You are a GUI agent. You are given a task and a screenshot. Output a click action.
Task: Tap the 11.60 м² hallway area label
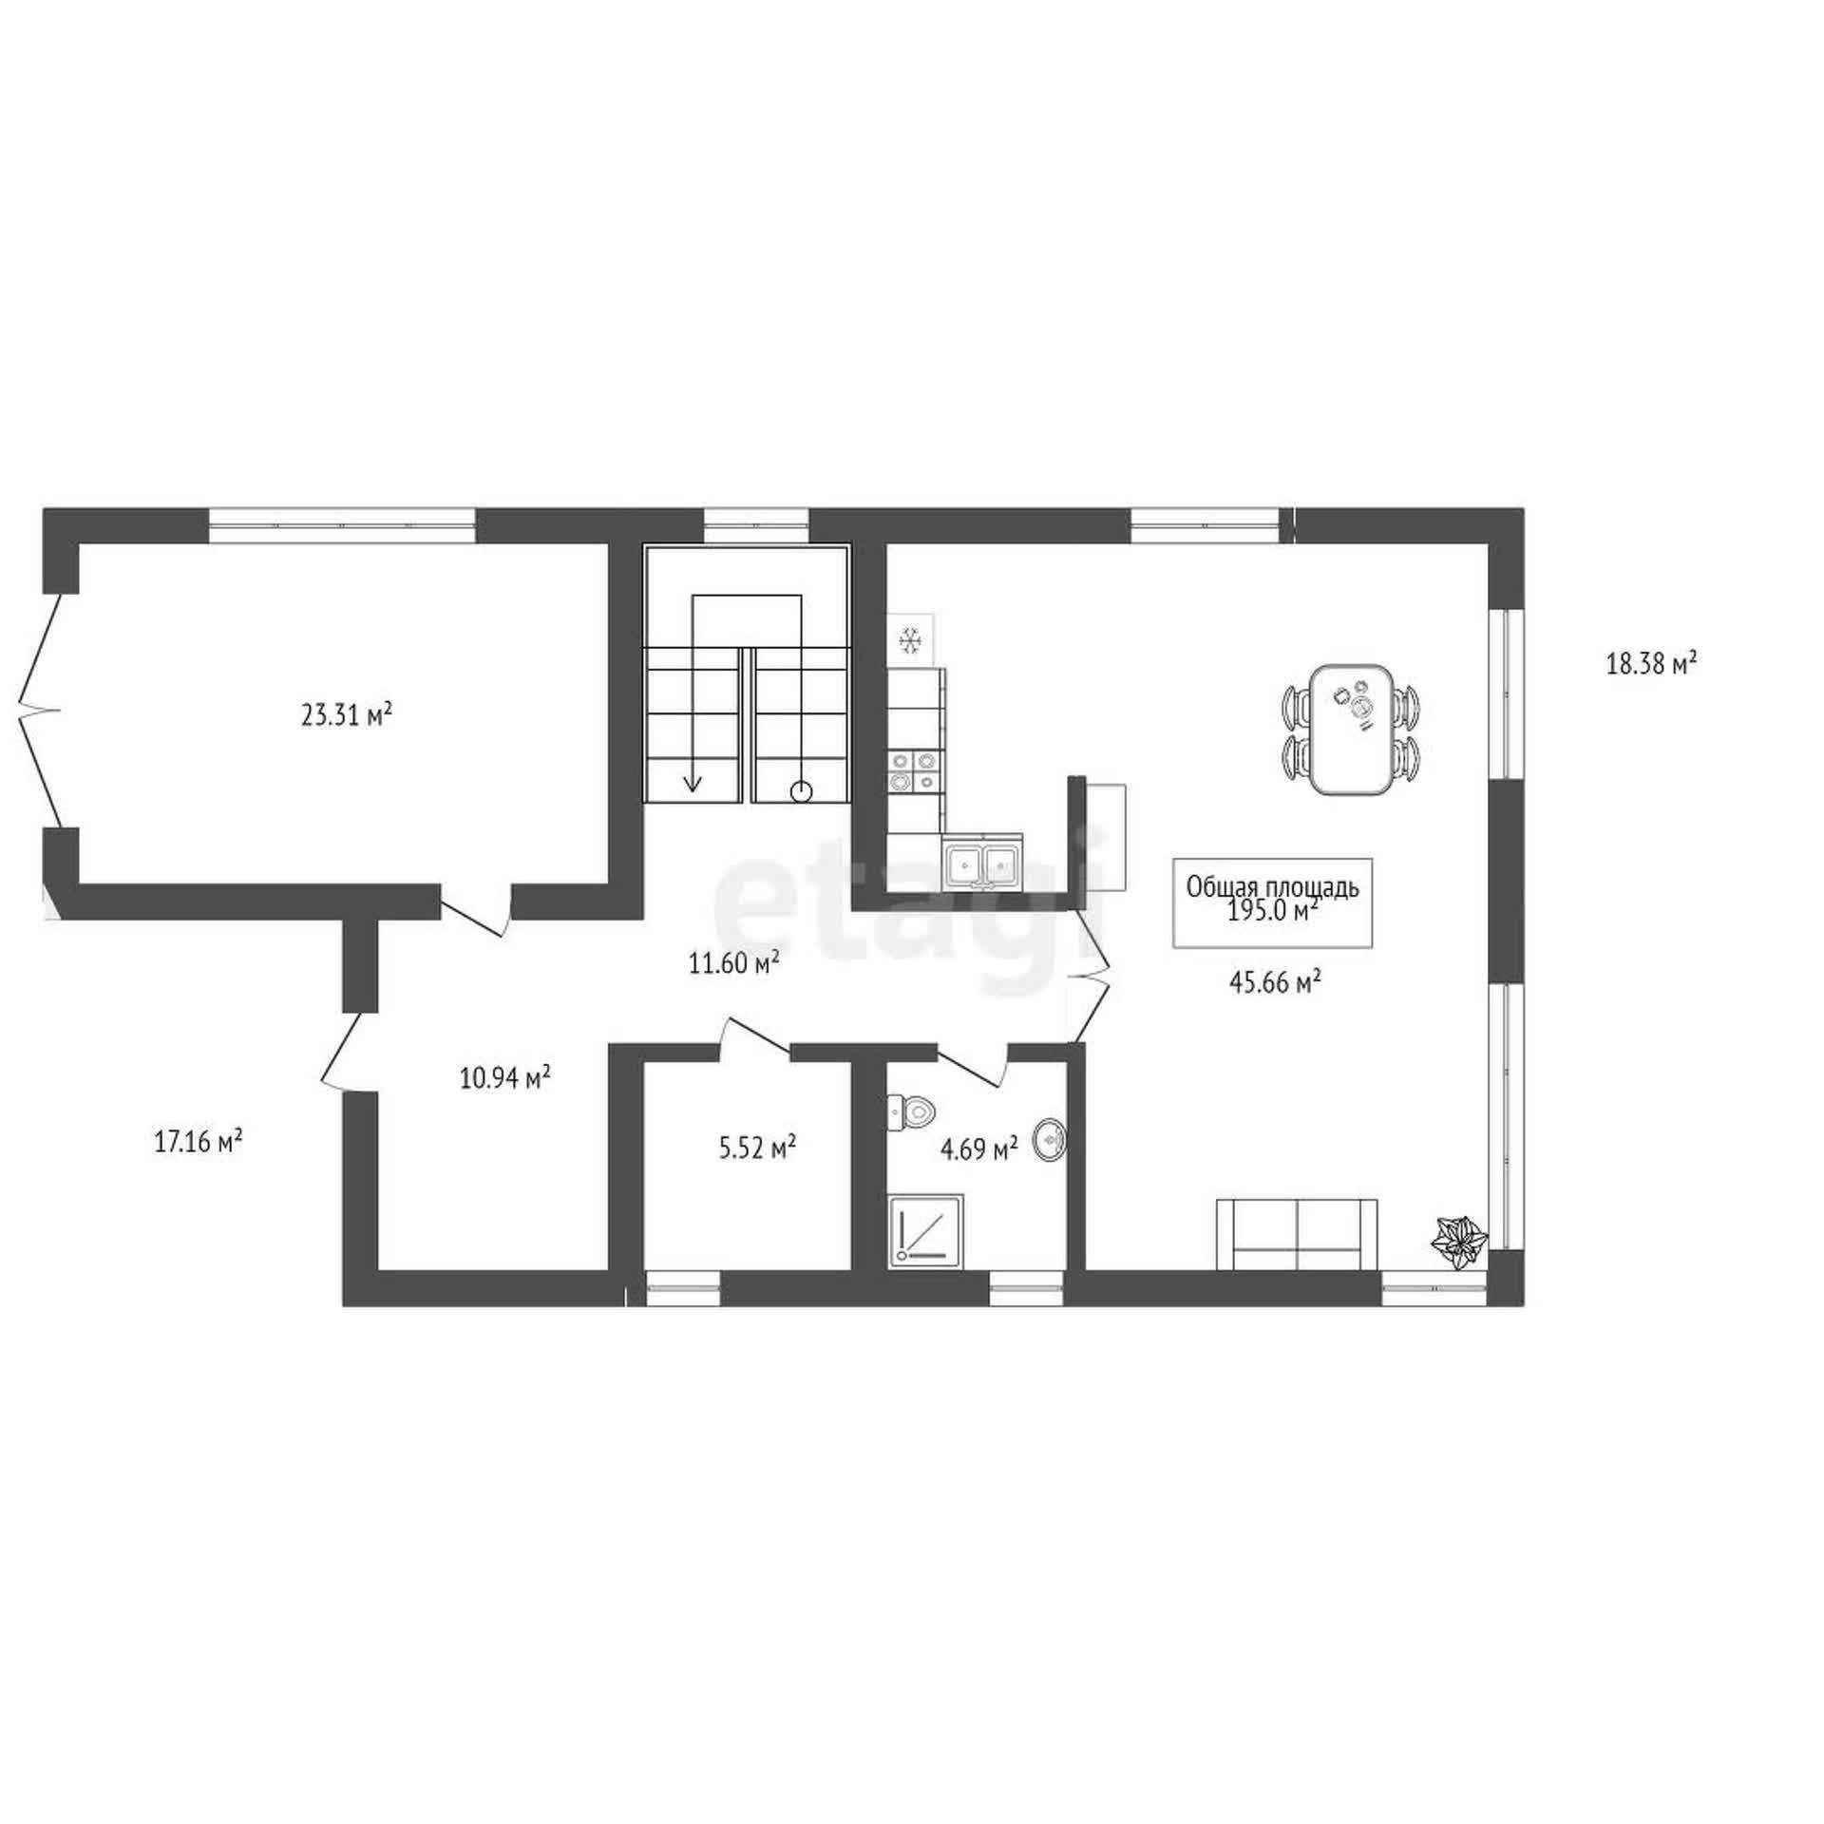[x=734, y=964]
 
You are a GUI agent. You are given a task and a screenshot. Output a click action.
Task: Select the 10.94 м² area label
[x=505, y=1078]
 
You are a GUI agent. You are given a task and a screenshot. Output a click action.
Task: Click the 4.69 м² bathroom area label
[x=978, y=1150]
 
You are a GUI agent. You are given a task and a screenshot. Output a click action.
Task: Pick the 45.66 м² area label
[x=1276, y=982]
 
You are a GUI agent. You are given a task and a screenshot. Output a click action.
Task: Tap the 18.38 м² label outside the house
[x=1652, y=663]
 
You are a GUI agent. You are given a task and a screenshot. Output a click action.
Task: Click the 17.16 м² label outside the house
[x=198, y=1140]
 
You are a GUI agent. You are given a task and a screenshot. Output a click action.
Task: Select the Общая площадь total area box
[x=1273, y=902]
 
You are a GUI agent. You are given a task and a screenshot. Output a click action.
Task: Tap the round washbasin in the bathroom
[x=1050, y=1137]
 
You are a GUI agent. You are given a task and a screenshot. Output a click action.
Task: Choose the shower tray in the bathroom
[x=926, y=1230]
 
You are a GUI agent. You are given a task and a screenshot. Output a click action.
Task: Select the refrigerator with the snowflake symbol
[x=911, y=640]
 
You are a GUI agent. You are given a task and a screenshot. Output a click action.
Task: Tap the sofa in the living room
[x=1297, y=1234]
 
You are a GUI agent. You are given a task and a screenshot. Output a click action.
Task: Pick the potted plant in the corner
[x=1459, y=1241]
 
